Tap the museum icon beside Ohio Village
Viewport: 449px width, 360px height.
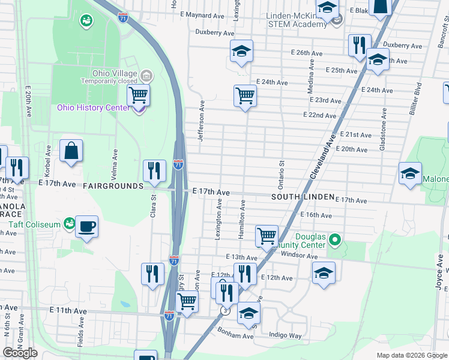[146, 75]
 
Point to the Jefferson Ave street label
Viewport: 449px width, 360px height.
[201, 121]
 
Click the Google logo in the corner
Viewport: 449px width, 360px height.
[20, 352]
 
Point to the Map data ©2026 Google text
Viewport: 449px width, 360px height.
[412, 355]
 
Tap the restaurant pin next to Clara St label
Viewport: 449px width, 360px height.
[154, 171]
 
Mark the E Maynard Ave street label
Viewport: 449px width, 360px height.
[205, 14]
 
